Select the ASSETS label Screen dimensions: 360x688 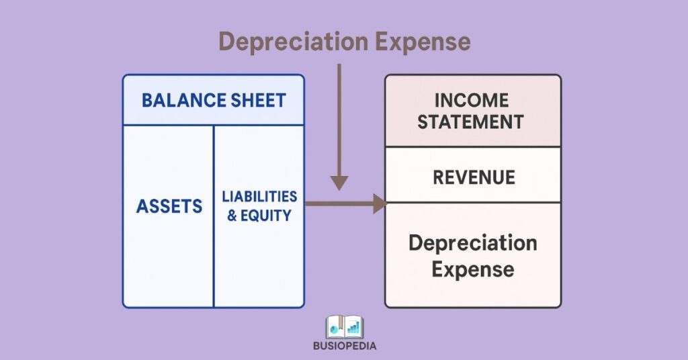click(169, 206)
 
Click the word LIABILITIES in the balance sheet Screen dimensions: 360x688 click(259, 197)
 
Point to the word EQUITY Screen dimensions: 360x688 click(267, 216)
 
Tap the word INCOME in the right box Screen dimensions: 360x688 click(472, 100)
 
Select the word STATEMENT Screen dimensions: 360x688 click(472, 122)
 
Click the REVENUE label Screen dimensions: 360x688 click(474, 177)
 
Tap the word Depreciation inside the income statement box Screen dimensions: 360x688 click(473, 242)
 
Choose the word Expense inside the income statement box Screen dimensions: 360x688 click(473, 269)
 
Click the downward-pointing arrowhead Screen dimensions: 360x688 click(340, 183)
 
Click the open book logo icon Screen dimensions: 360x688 click(345, 328)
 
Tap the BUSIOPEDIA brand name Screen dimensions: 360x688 click(345, 347)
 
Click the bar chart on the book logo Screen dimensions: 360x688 click(353, 328)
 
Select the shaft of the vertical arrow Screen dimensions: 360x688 click(340, 121)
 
